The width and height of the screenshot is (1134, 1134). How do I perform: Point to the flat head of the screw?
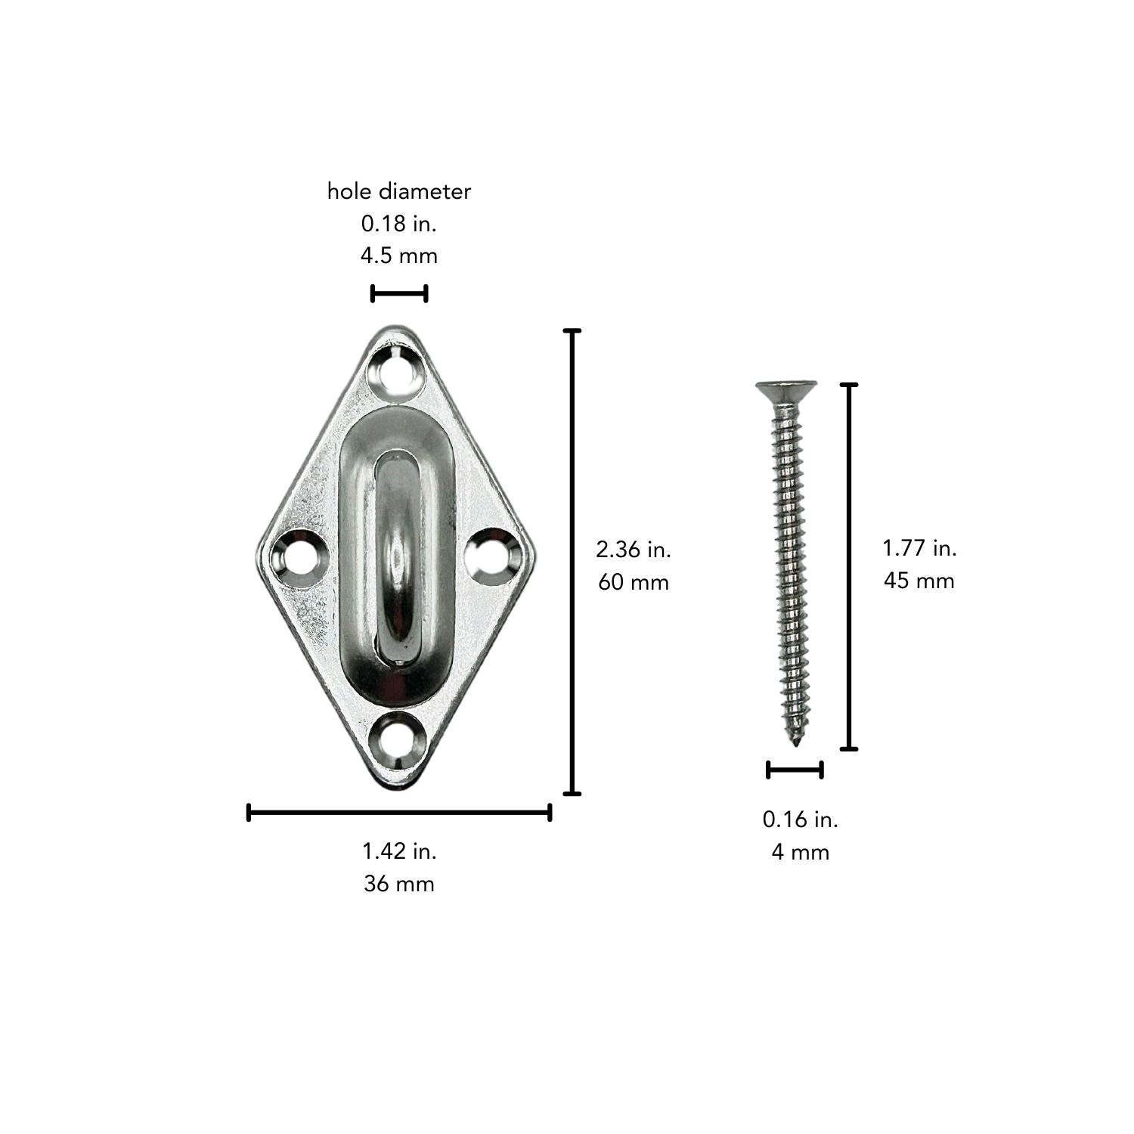point(786,389)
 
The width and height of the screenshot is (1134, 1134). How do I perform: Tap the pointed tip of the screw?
point(796,745)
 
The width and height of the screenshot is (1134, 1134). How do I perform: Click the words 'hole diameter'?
point(399,191)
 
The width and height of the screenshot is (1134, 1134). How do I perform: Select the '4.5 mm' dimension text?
point(399,256)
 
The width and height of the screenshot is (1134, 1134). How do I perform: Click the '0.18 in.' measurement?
point(399,224)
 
